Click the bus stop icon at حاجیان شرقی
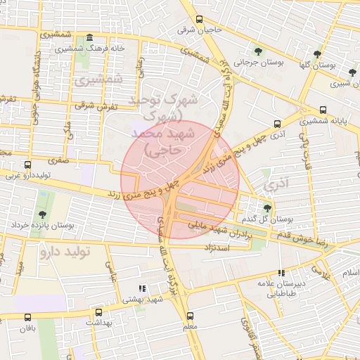(200, 19)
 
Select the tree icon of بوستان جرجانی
(259, 51)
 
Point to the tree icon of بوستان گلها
(318, 53)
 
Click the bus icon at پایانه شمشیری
(323, 110)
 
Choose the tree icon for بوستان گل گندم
(267, 207)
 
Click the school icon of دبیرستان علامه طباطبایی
(281, 273)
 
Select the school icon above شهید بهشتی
(141, 288)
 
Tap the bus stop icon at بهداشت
(98, 312)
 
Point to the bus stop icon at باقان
(27, 318)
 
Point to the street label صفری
(59, 160)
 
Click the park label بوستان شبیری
(342, 82)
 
